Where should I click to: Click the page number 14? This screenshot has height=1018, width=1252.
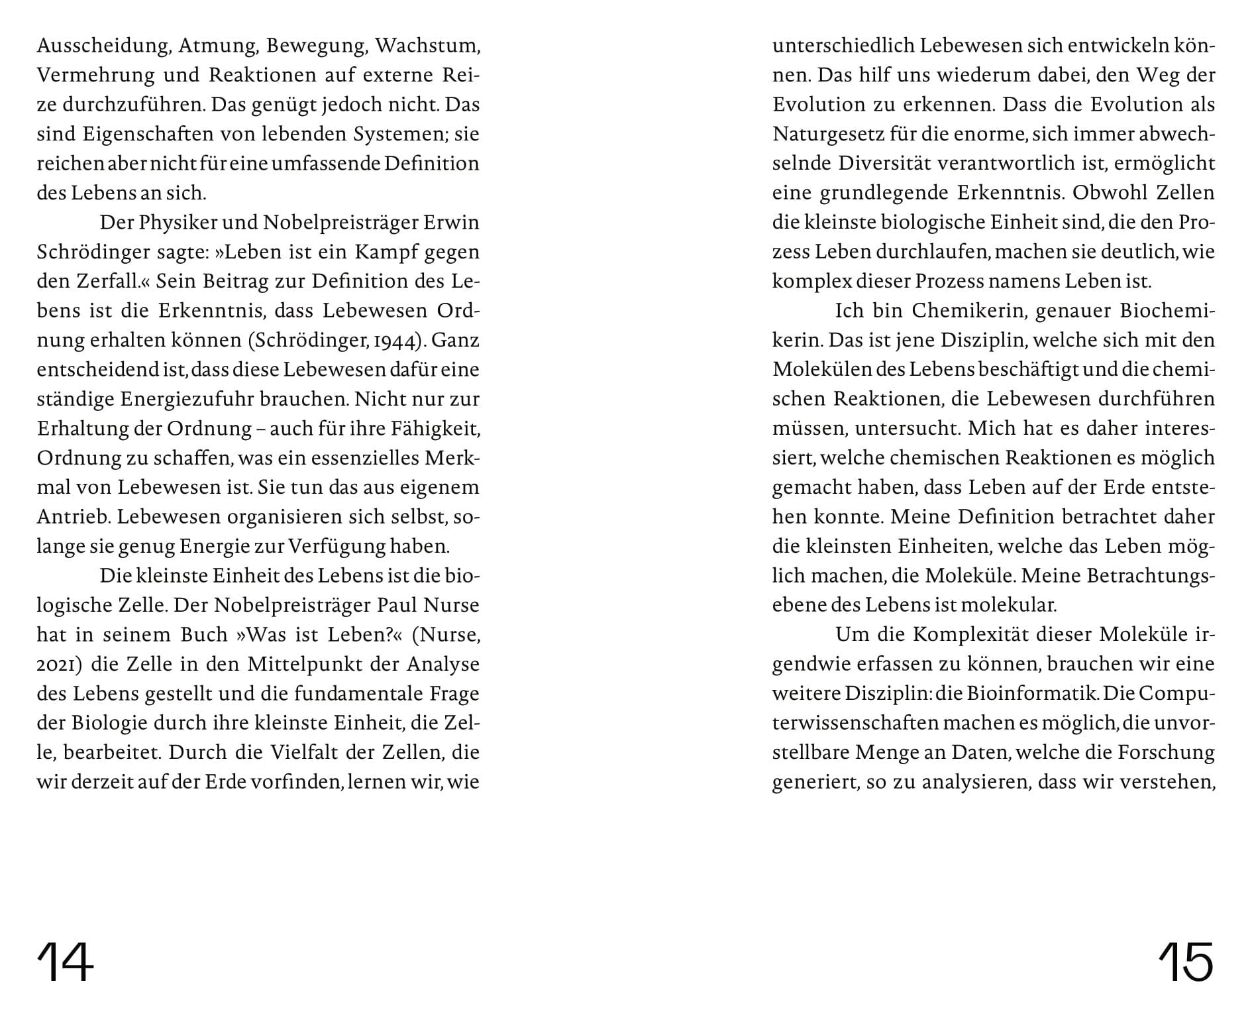(x=65, y=962)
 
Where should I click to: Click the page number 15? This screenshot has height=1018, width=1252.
(x=1185, y=962)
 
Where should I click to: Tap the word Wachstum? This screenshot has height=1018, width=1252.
(x=427, y=46)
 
